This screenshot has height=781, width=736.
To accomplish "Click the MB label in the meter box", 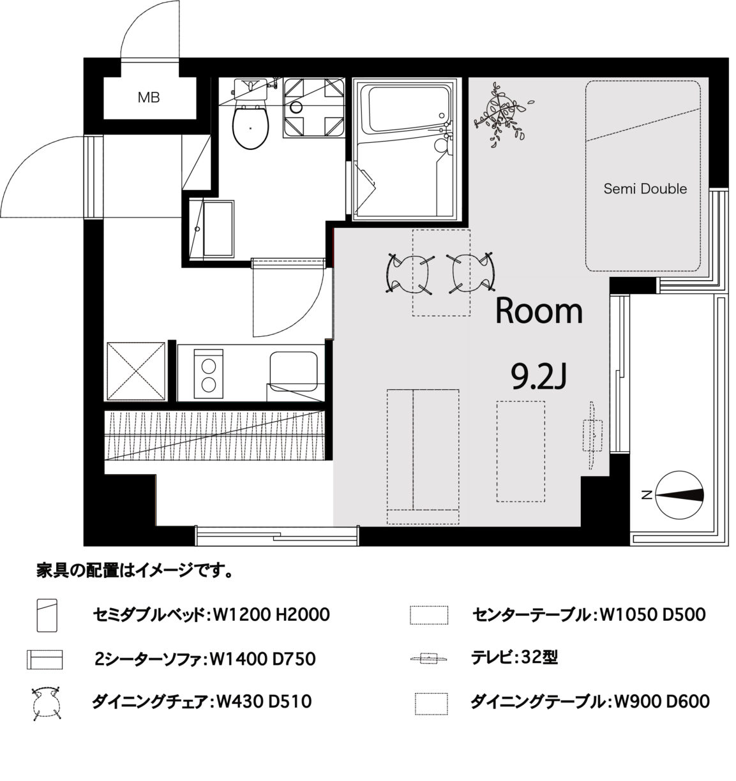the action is [149, 97].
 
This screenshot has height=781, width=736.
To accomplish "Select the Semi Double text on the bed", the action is [645, 189].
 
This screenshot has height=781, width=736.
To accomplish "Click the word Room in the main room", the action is [539, 311].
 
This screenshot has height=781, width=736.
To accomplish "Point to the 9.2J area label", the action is [539, 376].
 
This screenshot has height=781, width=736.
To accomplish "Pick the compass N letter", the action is [646, 495].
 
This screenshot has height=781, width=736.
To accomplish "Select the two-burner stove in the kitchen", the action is [209, 374].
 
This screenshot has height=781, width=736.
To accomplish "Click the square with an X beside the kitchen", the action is [136, 371].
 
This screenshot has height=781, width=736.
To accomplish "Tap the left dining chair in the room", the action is [410, 273].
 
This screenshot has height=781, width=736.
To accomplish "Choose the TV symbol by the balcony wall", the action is [592, 435].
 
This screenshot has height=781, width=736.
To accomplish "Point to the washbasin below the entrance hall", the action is [212, 229].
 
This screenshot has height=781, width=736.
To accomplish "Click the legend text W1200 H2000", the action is [271, 614].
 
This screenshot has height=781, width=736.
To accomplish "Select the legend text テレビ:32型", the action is [514, 657].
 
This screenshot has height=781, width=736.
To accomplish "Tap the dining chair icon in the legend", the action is [46, 703].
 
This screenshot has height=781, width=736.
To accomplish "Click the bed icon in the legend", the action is [47, 615].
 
